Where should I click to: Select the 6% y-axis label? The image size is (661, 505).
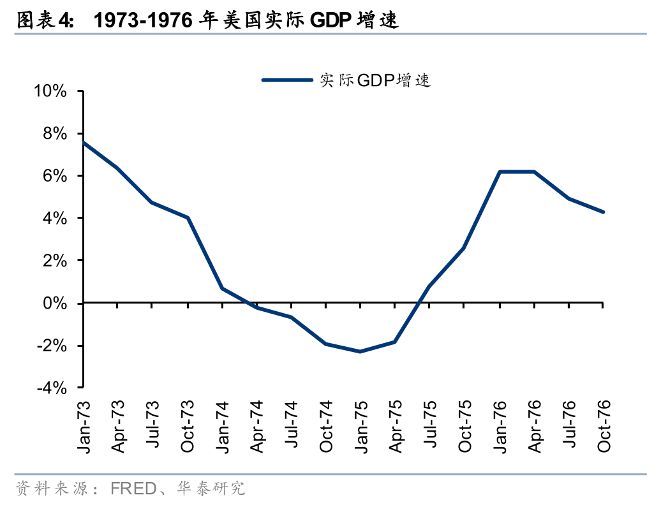coord(55,176)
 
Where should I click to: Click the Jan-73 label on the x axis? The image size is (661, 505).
coord(84,427)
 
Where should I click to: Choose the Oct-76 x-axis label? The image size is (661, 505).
coord(604,427)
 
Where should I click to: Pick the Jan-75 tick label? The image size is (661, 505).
coord(361,427)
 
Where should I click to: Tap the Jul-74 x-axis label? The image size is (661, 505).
coord(292,427)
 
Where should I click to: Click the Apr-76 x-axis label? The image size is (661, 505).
coord(535,427)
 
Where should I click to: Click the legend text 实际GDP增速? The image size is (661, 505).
coord(376,80)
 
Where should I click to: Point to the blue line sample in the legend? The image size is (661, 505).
coord(287,80)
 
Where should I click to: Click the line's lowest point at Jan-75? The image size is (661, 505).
coord(360,351)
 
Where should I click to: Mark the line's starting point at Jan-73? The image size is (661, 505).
coord(84,143)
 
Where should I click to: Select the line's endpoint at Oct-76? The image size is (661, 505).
coord(603,212)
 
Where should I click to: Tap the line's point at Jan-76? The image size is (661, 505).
coord(500,172)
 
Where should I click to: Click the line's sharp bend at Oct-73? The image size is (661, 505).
coord(188,218)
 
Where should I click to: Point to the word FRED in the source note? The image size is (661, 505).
coord(133,489)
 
